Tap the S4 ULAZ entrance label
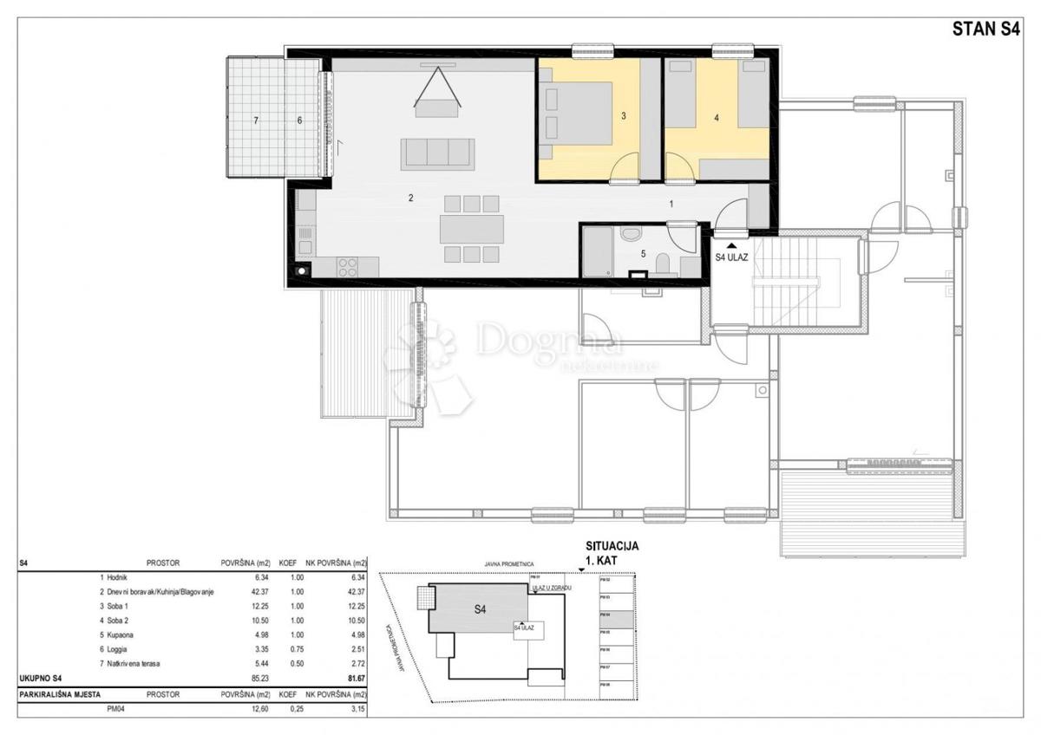pyautogui.click(x=731, y=257)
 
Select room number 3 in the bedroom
pyautogui.click(x=623, y=115)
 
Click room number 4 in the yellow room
pyautogui.click(x=717, y=118)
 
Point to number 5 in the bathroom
pyautogui.click(x=642, y=254)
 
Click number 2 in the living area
pyautogui.click(x=410, y=198)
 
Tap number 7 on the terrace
pyautogui.click(x=256, y=120)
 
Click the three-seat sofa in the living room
pyautogui.click(x=437, y=153)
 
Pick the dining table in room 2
pyautogui.click(x=471, y=229)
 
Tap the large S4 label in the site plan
pyautogui.click(x=480, y=608)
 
